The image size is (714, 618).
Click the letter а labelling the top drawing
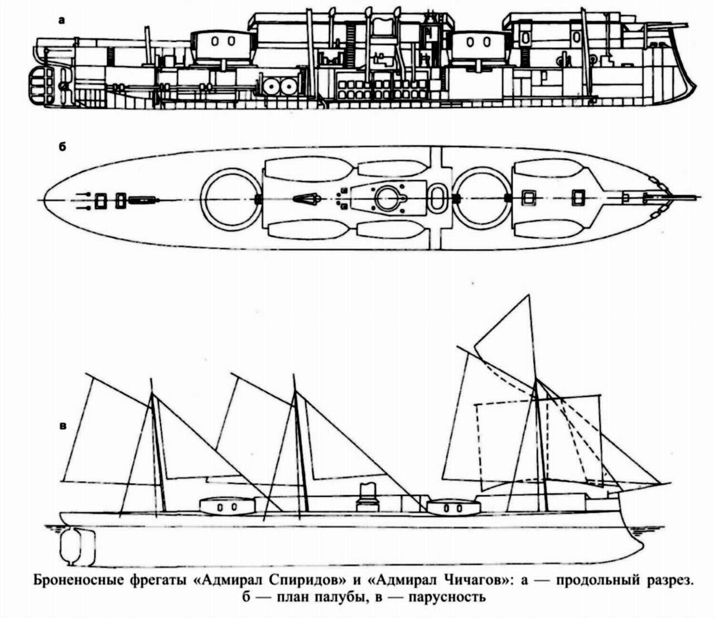tap(61, 21)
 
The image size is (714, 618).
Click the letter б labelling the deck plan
tap(62, 147)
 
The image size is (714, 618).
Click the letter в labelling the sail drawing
tap(63, 426)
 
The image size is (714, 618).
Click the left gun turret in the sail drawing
tap(227, 507)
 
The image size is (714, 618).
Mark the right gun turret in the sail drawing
tap(454, 508)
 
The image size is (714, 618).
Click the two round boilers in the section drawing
tap(280, 85)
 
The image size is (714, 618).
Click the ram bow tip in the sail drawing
tap(643, 549)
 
